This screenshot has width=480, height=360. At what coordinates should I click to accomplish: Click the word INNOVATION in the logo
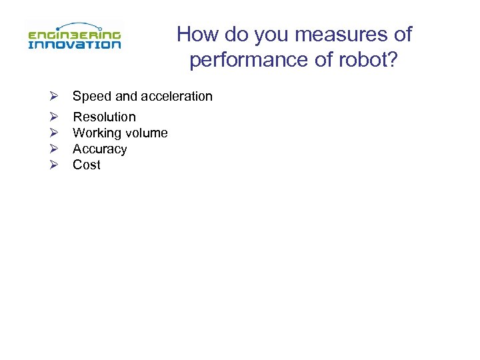tap(74, 44)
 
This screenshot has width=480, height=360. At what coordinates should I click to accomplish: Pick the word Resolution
tap(104, 117)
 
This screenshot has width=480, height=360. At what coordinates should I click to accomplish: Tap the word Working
tap(95, 133)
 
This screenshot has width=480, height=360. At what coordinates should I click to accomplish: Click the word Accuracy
tap(99, 149)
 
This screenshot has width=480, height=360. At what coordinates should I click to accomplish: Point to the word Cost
tap(87, 165)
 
